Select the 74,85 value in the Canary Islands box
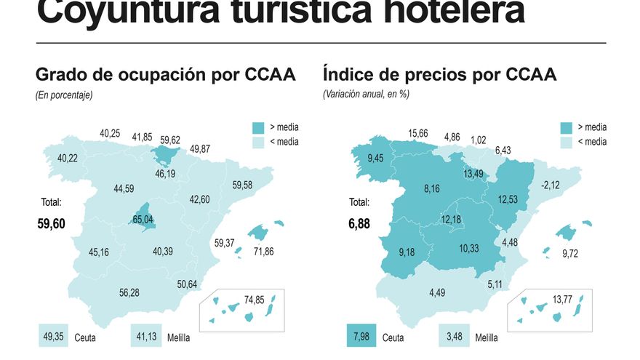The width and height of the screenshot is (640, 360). (x=255, y=299)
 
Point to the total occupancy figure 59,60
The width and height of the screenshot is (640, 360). (x=51, y=224)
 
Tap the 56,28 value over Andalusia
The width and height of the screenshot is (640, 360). (x=129, y=292)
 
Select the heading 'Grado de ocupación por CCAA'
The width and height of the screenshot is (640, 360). (x=165, y=75)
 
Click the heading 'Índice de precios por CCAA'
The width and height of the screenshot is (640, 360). (x=439, y=75)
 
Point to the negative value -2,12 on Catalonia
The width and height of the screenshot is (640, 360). (x=551, y=185)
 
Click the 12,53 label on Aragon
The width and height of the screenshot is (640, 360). (x=507, y=199)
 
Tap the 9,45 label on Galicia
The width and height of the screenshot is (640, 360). (x=375, y=159)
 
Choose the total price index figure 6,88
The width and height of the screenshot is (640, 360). (x=359, y=224)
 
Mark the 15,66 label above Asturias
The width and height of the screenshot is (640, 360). (x=417, y=133)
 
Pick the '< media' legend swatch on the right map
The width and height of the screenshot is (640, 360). (x=568, y=142)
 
